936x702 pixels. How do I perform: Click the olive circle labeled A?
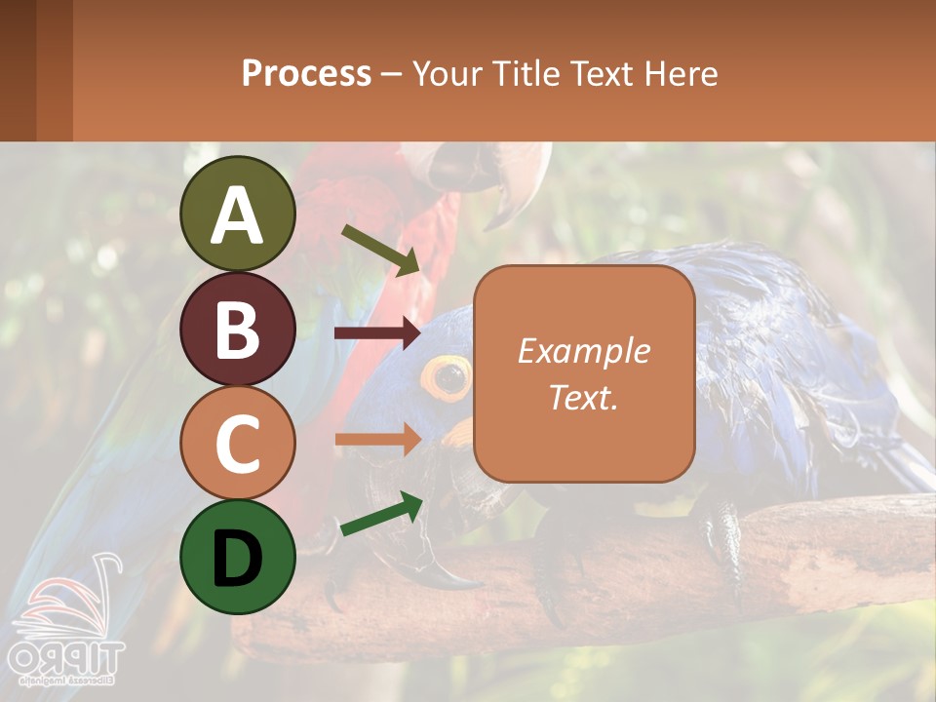point(238,214)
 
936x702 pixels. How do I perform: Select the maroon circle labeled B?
point(238,329)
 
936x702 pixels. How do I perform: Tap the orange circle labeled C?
point(238,443)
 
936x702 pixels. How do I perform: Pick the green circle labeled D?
point(238,557)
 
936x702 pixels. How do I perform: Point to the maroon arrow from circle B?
point(376,333)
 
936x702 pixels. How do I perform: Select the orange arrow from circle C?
point(376,439)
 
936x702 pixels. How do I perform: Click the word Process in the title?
point(306,73)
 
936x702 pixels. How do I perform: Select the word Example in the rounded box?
point(584,351)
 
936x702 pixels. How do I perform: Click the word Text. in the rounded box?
point(584,397)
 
